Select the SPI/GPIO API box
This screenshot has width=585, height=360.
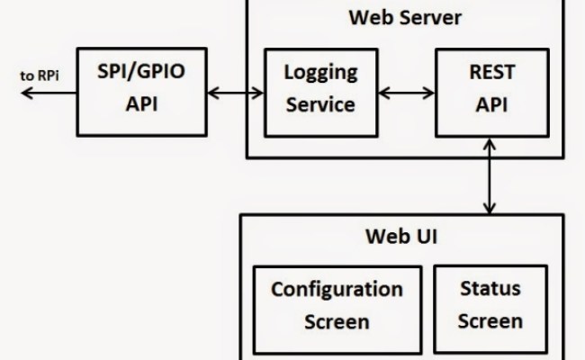[143, 89]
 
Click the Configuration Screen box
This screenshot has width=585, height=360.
[337, 306]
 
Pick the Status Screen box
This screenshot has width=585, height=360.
[490, 306]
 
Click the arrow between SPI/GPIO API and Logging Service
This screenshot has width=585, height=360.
[235, 90]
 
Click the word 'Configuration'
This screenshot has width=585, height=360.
[337, 290]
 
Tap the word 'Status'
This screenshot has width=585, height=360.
[490, 290]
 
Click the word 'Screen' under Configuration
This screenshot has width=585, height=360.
[337, 321]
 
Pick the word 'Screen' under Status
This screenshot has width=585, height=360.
[490, 321]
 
